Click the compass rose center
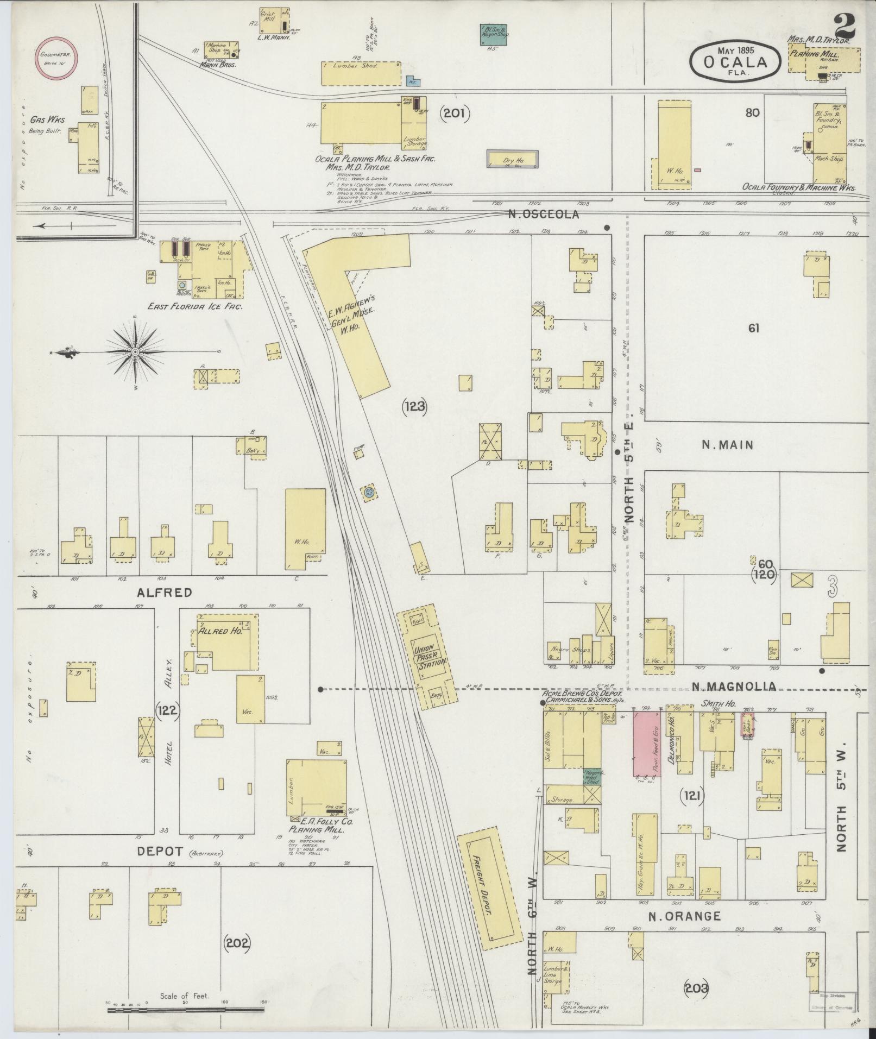pos(135,352)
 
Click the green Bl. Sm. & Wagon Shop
pos(494,34)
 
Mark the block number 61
pos(753,328)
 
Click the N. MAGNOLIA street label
pos(734,687)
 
